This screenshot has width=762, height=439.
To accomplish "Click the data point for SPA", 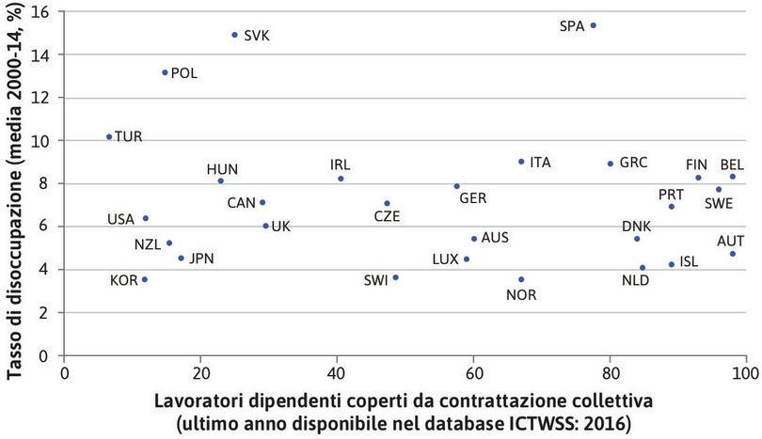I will click(594, 25).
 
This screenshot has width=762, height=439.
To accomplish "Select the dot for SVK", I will click(235, 35).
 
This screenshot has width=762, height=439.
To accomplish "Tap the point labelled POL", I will click(165, 72).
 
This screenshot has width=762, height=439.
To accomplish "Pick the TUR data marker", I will click(109, 136).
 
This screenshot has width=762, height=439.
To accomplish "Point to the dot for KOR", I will click(144, 279).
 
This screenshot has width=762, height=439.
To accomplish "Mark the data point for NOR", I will click(521, 279).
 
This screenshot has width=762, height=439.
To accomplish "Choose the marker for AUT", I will click(733, 254).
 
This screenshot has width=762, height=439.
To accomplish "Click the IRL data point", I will click(341, 179).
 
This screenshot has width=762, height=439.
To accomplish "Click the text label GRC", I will click(633, 163).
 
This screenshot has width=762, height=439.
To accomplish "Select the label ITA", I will click(540, 162).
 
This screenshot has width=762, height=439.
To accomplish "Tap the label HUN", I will click(222, 169).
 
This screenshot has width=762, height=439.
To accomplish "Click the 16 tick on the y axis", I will click(43, 11).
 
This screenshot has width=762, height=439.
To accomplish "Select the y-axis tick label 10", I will click(43, 141).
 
